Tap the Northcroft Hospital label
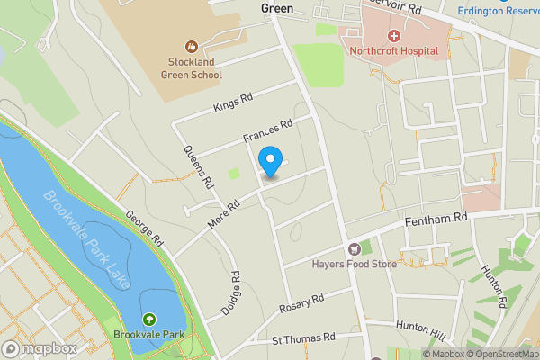tap(393, 50)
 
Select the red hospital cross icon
tap(393, 35)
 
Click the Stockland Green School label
tap(190, 69)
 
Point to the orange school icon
tap(190, 46)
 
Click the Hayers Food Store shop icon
tap(355, 248)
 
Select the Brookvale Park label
tap(148, 335)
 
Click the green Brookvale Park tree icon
tap(148, 319)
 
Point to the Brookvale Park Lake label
tap(87, 239)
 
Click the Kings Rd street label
tap(234, 103)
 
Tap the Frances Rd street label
tap(268, 133)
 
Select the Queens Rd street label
tap(198, 166)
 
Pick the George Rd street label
tap(143, 229)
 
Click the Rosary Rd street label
tap(301, 302)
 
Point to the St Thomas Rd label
tap(303, 338)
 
